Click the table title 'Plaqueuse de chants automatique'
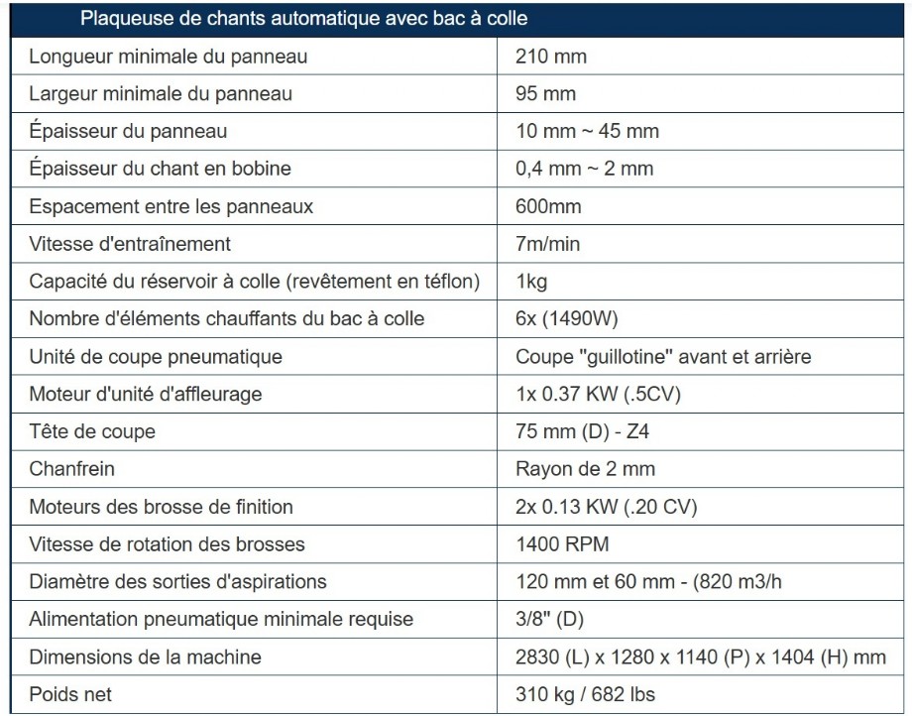pos(303,18)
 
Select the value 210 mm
pos(551,57)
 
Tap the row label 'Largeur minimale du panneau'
pos(161,94)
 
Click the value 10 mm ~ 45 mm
pos(587,131)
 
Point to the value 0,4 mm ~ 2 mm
pos(584,169)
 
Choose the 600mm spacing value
pos(548,206)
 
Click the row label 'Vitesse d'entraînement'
pos(130,244)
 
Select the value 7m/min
pos(547,244)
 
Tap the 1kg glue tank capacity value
pos(531,282)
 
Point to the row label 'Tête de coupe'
pos(92,431)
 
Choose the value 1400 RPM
pos(562,544)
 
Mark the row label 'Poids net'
pos(70,694)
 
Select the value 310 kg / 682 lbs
pos(585,694)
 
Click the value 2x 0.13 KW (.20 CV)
pos(606,507)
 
